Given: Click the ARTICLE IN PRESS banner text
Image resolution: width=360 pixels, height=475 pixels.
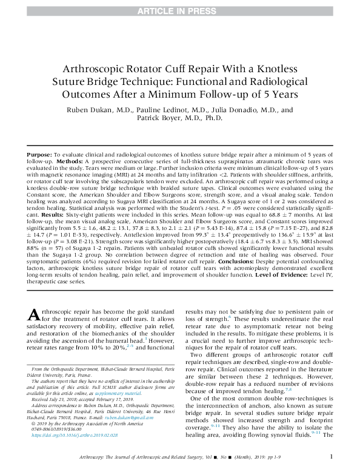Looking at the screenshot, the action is [180, 8].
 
